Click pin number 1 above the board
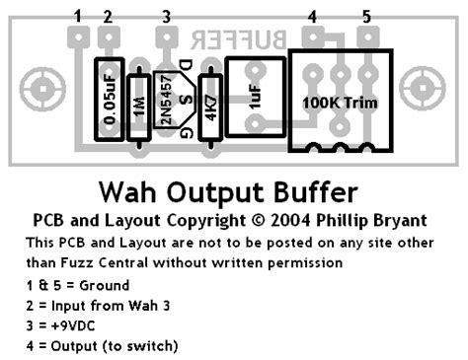[77, 15]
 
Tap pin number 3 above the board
[166, 15]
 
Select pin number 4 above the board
[312, 15]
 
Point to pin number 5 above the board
[366, 15]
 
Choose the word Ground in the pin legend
[110, 283]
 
